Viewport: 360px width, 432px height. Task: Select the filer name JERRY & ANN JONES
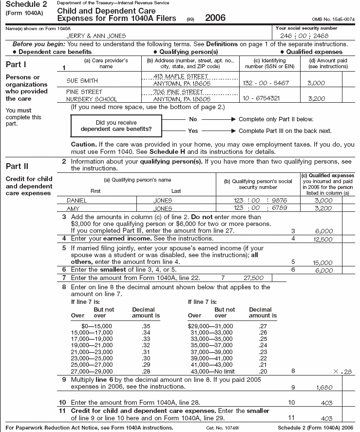click(x=96, y=36)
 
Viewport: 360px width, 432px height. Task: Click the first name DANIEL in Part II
click(x=78, y=200)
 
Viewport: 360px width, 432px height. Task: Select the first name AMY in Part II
click(x=73, y=208)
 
